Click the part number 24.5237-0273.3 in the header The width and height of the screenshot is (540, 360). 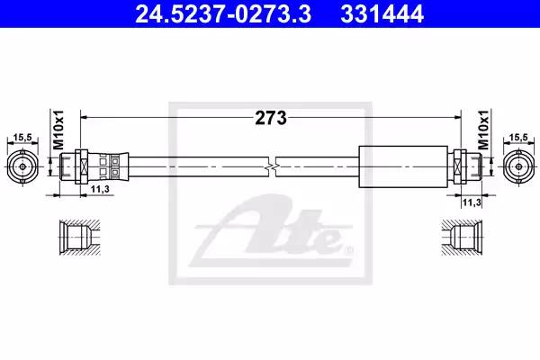point(223,14)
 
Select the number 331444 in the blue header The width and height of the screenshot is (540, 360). point(382,14)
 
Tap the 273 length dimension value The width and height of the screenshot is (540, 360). point(271,118)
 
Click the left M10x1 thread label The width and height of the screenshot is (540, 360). point(58,130)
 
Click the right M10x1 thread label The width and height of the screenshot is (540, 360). point(483,130)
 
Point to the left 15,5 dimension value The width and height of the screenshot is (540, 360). point(22,138)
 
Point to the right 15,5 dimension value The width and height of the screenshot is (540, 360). point(518,138)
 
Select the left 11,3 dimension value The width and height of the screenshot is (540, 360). point(100,189)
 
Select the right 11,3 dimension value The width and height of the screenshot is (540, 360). point(472,202)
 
